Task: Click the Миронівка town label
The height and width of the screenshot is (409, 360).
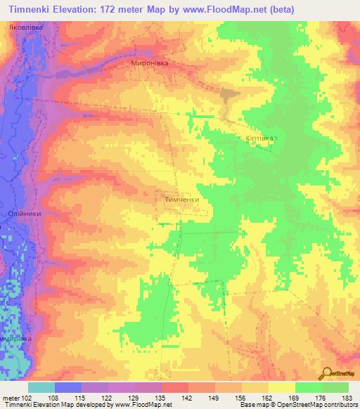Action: [x=150, y=63]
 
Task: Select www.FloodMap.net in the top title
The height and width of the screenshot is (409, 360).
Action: [x=219, y=9]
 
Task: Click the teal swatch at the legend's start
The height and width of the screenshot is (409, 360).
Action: [x=41, y=387]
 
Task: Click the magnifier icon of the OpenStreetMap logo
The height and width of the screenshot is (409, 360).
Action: [x=328, y=374]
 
